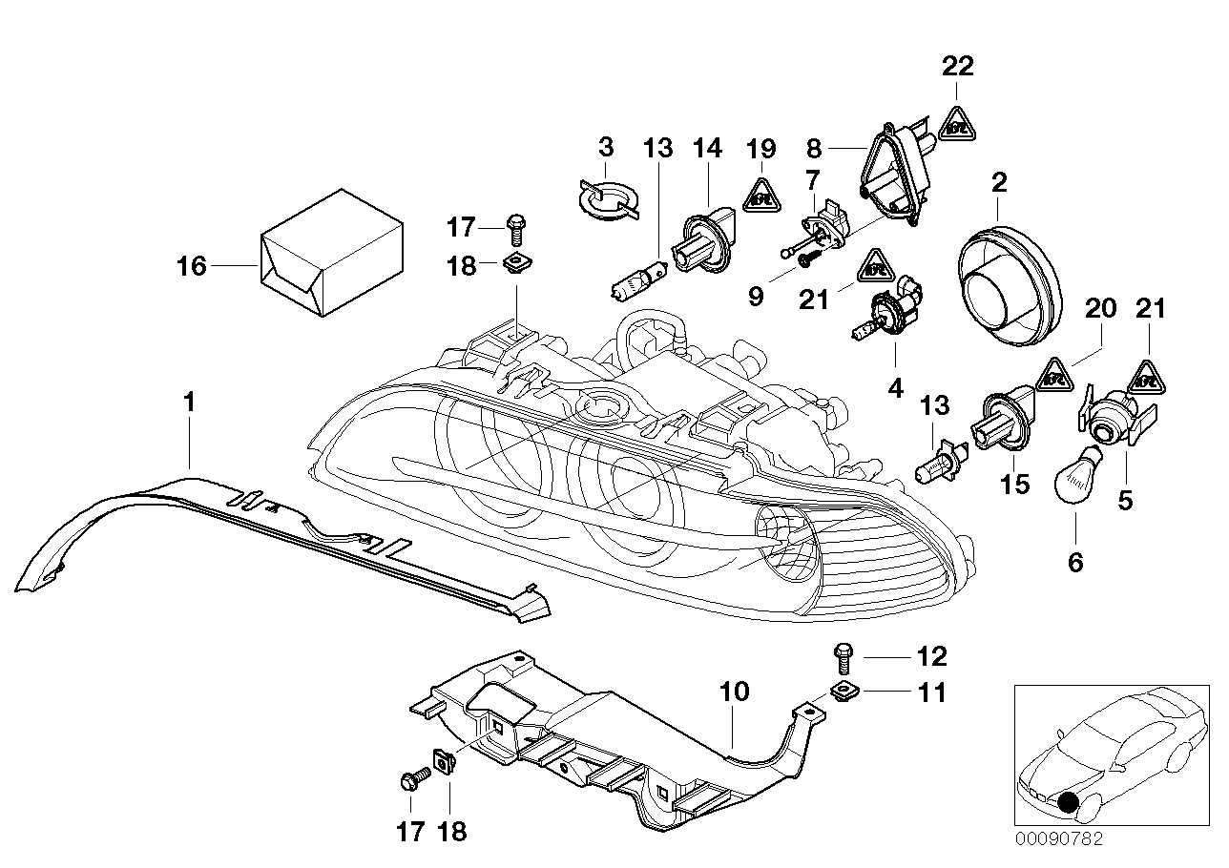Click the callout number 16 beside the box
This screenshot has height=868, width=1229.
pos(192,265)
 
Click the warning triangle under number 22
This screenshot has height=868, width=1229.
pos(957,123)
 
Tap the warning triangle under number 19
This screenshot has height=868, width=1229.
pos(760,197)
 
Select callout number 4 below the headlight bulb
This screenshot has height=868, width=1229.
pos(895,388)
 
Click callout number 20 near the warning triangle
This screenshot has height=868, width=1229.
pos(1100,309)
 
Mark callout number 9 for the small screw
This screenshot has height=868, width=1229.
pos(756,298)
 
